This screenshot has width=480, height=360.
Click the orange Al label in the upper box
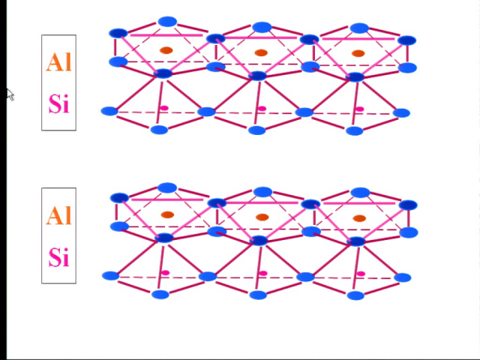tap(58, 62)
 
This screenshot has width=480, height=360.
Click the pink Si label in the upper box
tap(58, 103)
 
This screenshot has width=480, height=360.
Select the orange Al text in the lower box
tap(58, 215)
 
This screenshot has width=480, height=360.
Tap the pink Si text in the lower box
tap(58, 257)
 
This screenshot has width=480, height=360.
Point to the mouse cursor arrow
tap(10, 94)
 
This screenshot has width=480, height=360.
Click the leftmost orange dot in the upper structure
tap(166, 50)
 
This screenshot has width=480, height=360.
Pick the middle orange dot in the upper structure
tap(261, 52)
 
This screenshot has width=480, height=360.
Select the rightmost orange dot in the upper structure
tap(358, 53)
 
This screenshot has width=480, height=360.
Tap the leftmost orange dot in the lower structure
tap(167, 214)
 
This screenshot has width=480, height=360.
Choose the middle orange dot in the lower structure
tap(262, 217)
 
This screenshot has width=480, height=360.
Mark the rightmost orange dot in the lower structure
tap(359, 218)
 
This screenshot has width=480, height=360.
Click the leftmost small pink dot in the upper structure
tap(164, 108)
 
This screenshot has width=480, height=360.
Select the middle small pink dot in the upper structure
tap(262, 108)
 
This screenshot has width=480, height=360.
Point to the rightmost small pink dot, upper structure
tap(360, 109)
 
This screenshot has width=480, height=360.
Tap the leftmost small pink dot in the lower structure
tap(165, 272)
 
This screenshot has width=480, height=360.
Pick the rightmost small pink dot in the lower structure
tap(361, 273)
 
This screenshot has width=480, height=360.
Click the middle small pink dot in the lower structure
tap(263, 273)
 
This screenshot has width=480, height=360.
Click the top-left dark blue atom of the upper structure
tap(118, 33)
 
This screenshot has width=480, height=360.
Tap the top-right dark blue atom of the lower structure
tap(408, 205)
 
